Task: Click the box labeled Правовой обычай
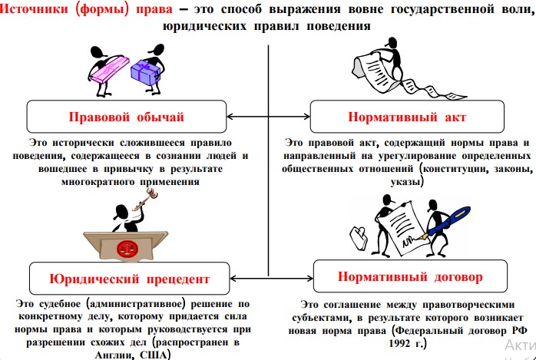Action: tap(127, 117)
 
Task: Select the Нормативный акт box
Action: tap(407, 117)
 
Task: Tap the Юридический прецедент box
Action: tap(129, 279)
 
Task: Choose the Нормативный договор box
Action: tap(410, 276)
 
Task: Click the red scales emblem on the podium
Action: tap(126, 249)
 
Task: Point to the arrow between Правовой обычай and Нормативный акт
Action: tap(268, 117)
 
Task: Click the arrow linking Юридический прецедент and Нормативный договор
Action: tap(272, 279)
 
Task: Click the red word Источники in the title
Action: tap(35, 9)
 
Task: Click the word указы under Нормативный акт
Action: tap(405, 182)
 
